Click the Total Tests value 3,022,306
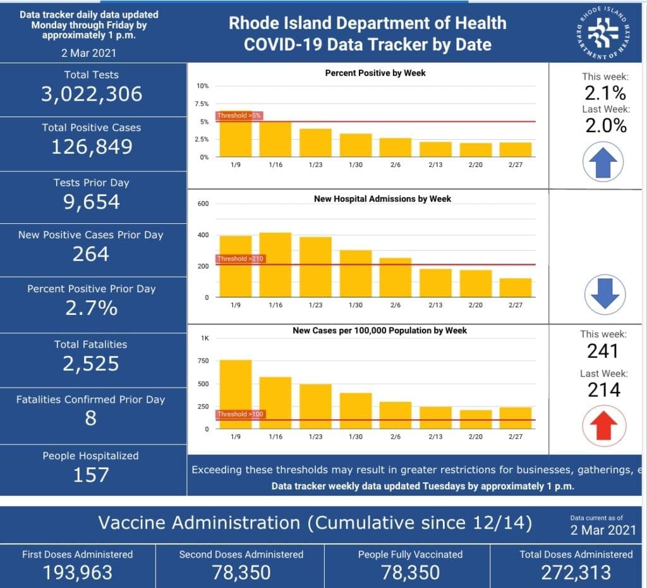[92, 94]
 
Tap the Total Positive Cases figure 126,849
[92, 147]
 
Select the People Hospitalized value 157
[91, 475]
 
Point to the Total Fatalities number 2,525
[91, 364]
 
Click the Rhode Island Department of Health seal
[603, 32]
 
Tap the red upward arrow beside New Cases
[604, 426]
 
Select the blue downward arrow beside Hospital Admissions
[605, 294]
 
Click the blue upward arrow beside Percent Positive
[603, 162]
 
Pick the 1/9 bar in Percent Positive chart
[236, 134]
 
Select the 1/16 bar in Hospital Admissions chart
[275, 265]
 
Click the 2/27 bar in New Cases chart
[516, 418]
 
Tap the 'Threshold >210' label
[240, 259]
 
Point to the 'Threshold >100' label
[240, 414]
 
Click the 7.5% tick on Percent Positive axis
[202, 104]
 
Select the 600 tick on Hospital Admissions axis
[203, 204]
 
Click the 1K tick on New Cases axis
[205, 338]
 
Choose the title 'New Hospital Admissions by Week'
[382, 199]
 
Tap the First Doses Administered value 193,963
[78, 573]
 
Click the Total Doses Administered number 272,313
[576, 573]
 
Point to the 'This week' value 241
[603, 352]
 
